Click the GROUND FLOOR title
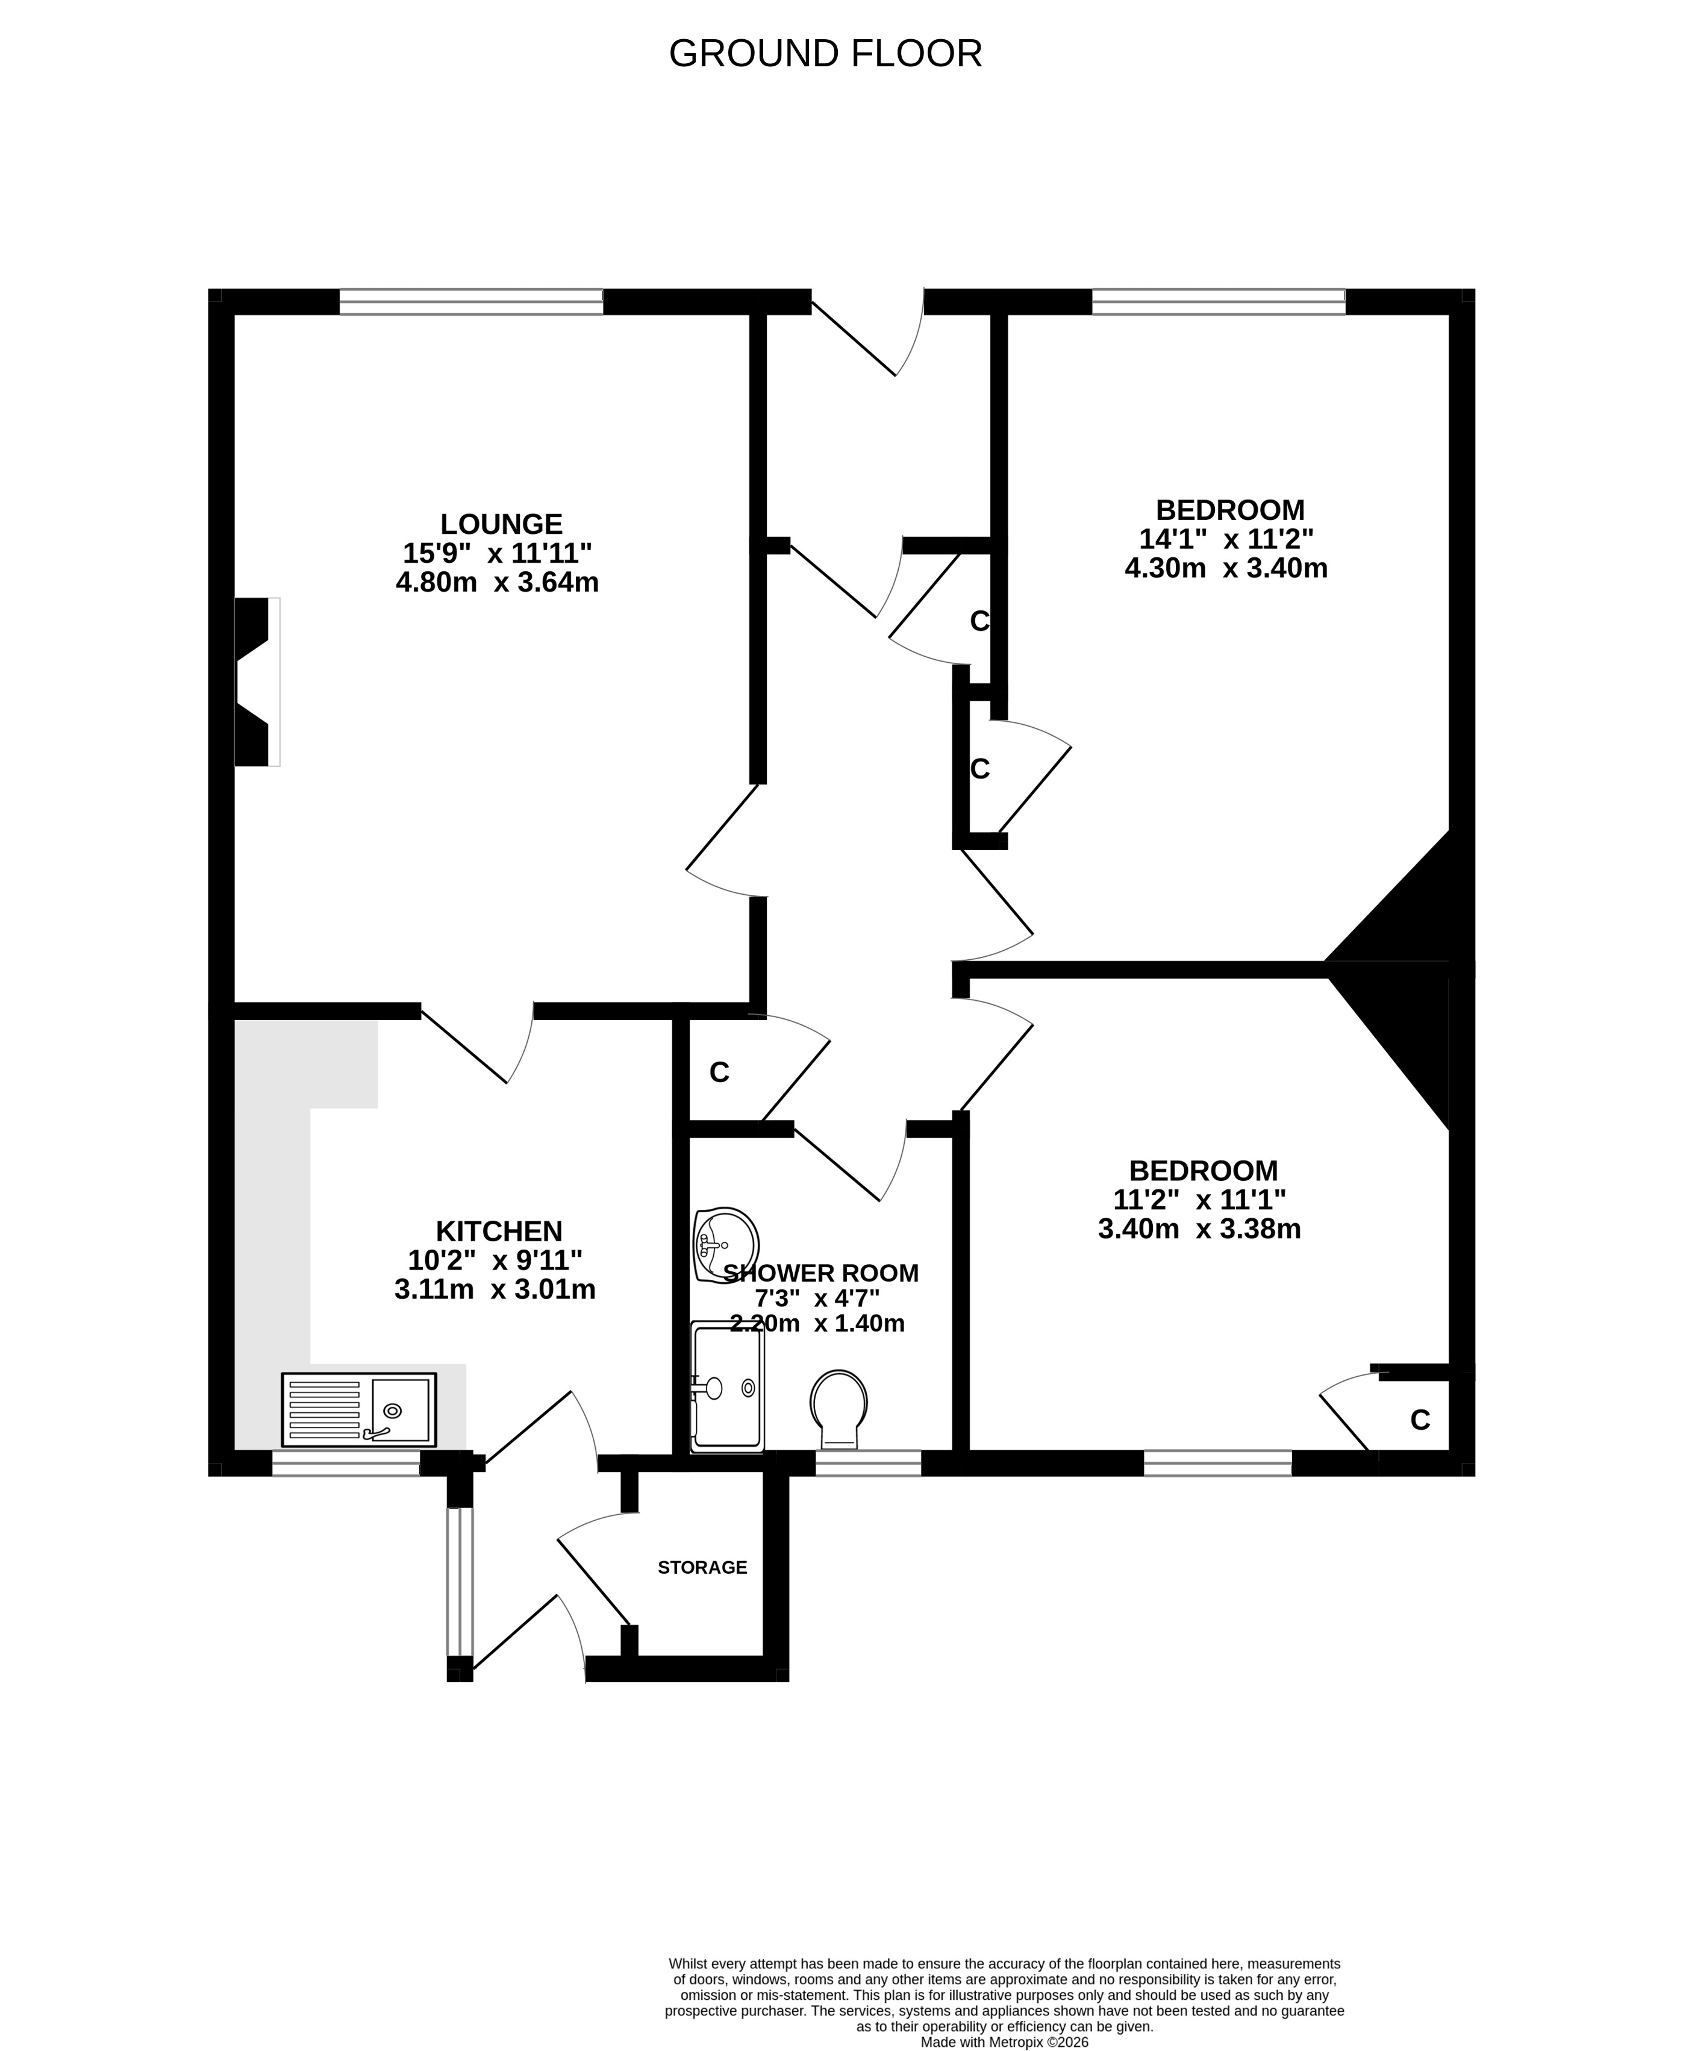tap(825, 54)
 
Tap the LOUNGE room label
tap(501, 524)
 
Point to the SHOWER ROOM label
tap(821, 1273)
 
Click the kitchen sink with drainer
tap(358, 1409)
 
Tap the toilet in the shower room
tap(838, 1409)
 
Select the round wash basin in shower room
tap(725, 1245)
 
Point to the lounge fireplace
tap(257, 681)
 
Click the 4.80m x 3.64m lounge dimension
tap(498, 583)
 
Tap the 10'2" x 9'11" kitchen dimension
tap(495, 1260)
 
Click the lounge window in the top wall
tap(471, 302)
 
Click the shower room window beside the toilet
tap(867, 1464)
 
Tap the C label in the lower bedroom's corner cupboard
tap(1420, 1420)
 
